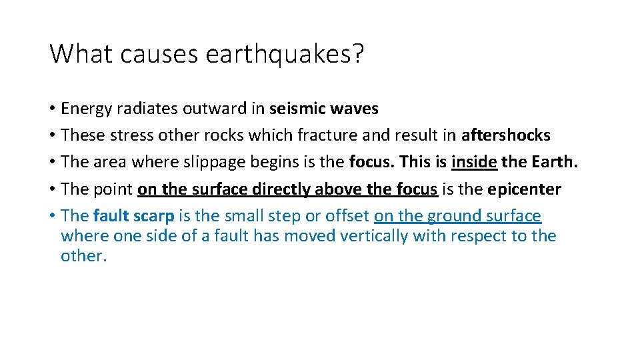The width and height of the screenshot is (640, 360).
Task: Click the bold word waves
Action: (357, 109)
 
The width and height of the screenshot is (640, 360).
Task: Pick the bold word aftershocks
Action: (506, 135)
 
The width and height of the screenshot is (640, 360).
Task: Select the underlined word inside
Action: (474, 163)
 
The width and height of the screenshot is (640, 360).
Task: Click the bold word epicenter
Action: (524, 189)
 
